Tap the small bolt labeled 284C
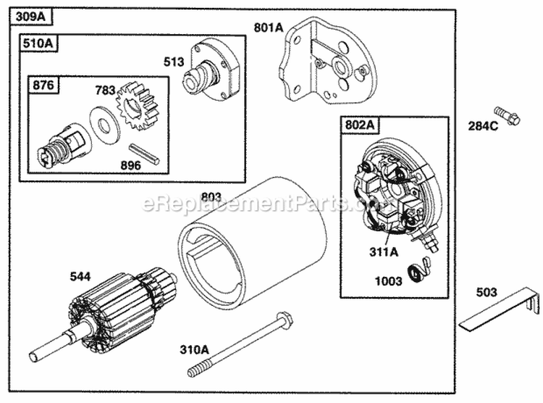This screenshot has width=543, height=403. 508,115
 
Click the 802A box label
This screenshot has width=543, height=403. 359,125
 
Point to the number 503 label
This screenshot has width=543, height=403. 487,293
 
